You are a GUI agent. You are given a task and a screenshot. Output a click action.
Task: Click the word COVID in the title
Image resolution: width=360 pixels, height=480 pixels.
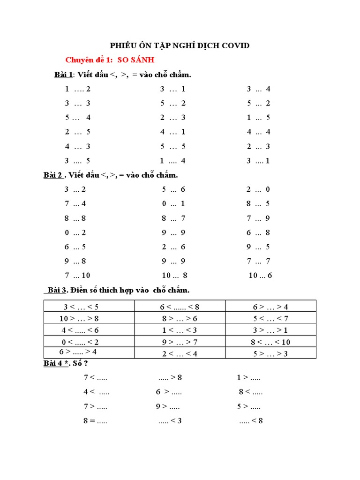click(234, 45)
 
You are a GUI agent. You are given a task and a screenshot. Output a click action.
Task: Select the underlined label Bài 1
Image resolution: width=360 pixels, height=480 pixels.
click(64, 75)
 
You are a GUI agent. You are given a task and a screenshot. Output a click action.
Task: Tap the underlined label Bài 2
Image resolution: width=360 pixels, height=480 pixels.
click(53, 175)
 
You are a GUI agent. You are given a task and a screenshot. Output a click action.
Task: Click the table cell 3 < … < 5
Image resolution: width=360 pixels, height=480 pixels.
click(81, 307)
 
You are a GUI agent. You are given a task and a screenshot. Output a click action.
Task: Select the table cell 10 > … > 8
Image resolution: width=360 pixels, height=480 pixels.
click(79, 318)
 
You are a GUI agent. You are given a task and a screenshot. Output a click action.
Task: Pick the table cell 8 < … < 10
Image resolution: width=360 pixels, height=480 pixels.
click(270, 342)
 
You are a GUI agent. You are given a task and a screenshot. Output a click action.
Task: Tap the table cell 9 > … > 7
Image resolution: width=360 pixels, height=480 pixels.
click(180, 342)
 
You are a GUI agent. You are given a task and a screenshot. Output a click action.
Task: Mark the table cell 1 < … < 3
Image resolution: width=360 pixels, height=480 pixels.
click(180, 330)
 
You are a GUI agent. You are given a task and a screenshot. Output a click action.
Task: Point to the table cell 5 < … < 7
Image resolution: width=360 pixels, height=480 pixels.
click(270, 318)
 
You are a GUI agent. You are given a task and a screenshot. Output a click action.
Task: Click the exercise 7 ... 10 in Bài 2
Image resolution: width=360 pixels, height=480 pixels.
click(77, 276)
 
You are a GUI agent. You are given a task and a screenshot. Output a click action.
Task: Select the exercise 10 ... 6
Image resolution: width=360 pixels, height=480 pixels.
click(260, 276)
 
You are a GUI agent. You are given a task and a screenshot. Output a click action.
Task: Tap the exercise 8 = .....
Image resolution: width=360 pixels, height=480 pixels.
click(95, 421)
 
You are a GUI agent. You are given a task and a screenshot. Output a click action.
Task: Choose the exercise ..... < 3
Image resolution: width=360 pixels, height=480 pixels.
click(170, 421)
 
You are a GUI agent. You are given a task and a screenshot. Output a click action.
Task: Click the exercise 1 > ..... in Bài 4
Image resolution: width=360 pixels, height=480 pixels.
click(248, 377)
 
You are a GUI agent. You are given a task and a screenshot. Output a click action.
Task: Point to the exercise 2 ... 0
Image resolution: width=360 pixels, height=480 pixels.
click(258, 189)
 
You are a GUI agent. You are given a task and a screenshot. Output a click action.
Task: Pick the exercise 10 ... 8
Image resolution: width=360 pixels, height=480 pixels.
click(174, 276)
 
